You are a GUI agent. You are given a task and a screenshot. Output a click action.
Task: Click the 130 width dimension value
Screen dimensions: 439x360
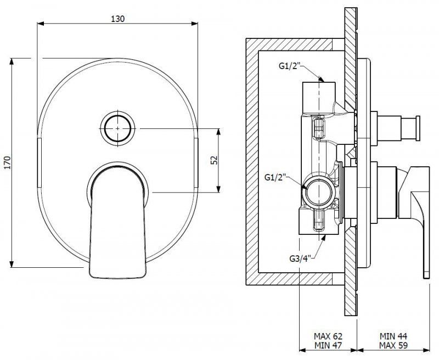117,19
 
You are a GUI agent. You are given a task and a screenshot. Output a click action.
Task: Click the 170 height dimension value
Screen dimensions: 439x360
7,162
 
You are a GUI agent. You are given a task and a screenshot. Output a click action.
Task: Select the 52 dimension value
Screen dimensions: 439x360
214,160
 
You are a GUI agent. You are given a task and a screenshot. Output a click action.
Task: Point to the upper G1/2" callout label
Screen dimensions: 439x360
289,66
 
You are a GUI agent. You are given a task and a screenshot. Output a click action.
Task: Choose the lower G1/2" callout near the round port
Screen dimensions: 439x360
275,177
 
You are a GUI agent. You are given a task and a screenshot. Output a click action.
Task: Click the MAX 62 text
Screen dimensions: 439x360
328,336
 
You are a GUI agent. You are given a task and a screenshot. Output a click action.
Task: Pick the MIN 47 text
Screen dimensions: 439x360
328,345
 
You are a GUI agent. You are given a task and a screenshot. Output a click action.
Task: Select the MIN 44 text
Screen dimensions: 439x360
393,336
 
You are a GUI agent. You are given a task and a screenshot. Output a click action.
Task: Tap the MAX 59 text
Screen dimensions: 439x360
393,345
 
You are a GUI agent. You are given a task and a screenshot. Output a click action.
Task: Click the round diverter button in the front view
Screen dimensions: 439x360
117,128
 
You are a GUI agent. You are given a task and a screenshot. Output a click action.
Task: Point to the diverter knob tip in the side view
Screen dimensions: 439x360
418,128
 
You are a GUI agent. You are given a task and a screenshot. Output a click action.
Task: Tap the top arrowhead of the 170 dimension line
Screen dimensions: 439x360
12,61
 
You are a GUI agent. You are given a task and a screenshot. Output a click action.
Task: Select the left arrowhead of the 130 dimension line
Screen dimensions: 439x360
41,24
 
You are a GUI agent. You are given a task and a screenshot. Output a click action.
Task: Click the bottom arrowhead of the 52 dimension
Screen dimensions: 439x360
218,189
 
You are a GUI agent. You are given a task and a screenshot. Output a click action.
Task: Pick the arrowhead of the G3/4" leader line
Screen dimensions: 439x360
324,238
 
